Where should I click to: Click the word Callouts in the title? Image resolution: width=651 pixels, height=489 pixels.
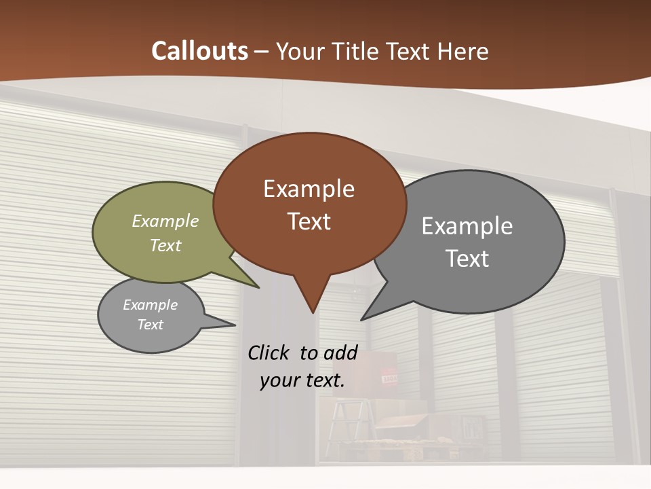199,51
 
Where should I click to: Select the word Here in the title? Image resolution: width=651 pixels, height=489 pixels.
463,52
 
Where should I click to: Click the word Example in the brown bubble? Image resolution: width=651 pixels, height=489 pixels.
309,189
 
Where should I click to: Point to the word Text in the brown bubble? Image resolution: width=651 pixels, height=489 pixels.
309,221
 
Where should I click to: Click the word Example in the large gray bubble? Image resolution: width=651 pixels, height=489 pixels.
467,226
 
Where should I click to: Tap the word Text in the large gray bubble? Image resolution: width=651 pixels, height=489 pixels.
467,259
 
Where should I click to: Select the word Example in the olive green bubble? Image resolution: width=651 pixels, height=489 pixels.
165,221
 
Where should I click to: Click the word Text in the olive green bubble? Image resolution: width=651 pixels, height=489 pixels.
165,245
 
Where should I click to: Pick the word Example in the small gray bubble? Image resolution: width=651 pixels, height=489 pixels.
150,305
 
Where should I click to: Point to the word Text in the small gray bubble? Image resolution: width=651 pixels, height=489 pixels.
150,325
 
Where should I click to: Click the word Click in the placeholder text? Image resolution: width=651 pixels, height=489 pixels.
270,352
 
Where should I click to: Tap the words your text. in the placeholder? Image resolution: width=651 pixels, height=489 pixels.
302,380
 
